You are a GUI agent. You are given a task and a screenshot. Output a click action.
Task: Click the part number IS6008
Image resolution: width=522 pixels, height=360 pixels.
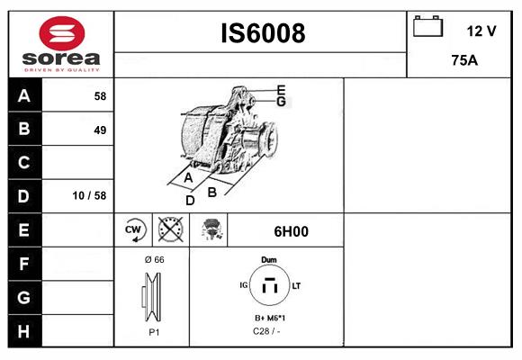263,33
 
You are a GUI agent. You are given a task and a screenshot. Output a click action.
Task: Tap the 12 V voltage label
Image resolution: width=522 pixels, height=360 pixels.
481,31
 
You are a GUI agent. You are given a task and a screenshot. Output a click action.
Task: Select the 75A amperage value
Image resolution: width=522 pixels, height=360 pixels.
463,61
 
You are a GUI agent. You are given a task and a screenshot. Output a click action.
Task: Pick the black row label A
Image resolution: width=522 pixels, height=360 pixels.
23,95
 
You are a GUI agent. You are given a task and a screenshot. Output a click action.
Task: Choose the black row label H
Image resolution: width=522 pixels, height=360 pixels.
23,331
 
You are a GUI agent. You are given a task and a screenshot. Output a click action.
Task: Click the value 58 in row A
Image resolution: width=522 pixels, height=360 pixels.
99,95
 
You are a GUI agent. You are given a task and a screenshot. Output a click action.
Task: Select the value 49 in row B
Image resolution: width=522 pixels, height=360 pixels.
99,130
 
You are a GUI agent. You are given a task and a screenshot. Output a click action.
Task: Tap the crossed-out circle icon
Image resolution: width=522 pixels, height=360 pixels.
170,230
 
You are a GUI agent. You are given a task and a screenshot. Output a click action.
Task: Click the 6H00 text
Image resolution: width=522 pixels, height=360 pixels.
291,231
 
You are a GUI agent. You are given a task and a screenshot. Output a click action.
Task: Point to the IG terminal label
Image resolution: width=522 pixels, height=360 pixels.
244,285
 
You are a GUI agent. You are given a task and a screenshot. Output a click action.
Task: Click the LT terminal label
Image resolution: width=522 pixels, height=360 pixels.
296,285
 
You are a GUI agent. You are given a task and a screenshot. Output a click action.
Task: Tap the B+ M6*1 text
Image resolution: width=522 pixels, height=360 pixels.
269,319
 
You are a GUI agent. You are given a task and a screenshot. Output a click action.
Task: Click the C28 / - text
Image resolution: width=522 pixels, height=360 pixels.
267,332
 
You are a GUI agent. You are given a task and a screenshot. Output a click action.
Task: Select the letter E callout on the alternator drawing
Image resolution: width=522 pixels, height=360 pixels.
281,89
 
